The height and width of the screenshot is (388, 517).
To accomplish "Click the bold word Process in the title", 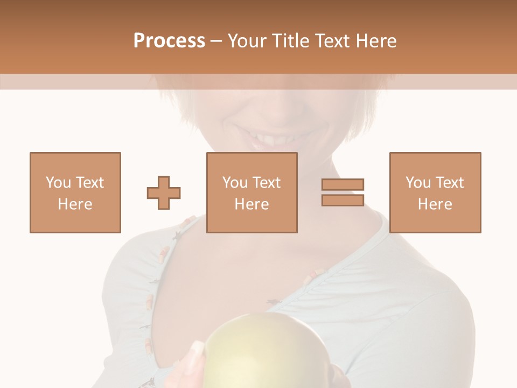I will click(169, 41).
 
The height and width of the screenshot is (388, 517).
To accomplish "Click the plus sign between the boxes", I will click(164, 192).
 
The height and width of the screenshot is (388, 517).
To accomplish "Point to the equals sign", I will click(343, 192).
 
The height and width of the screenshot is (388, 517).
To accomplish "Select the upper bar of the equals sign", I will click(343, 185).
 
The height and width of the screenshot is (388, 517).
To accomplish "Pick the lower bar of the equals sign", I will click(343, 200).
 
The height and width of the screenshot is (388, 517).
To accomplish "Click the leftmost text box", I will click(75, 192).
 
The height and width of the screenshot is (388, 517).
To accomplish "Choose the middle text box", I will click(252, 192).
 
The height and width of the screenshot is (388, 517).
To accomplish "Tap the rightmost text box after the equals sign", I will click(435, 192).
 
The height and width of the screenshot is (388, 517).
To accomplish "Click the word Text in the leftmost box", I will click(90, 183).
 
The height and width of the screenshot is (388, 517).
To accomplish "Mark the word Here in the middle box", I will click(252, 204).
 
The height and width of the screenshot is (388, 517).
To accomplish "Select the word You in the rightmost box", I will click(418, 183).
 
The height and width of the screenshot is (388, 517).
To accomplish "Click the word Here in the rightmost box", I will click(435, 204).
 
